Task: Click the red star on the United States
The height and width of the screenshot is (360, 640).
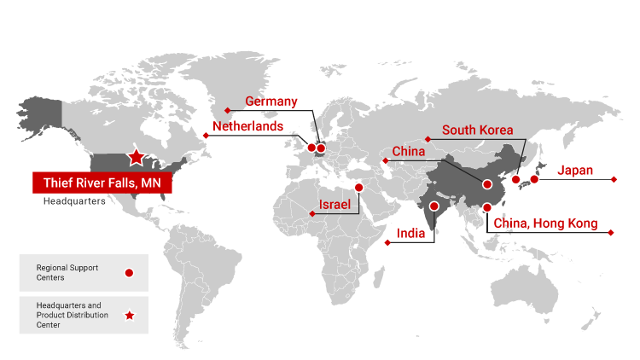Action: coord(136,157)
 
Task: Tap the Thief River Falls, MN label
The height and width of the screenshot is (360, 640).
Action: coord(102,183)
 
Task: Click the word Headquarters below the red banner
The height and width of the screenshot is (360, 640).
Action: coord(74,202)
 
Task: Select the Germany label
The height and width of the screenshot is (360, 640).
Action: coord(271,102)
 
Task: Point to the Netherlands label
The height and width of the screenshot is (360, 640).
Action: coord(247,126)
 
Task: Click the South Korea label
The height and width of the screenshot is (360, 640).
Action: coord(477,131)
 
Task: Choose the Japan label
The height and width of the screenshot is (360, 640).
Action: coord(575,171)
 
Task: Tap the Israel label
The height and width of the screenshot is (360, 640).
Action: coord(335,206)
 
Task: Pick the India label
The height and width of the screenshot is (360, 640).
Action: coord(411,233)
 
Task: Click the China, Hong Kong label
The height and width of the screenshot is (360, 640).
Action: coord(544,224)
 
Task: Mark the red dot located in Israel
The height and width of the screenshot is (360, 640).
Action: coord(359,187)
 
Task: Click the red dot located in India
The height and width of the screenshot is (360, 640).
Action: coord(434,206)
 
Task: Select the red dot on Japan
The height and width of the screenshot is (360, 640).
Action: coord(534,179)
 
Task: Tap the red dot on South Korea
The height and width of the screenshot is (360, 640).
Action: coord(515,179)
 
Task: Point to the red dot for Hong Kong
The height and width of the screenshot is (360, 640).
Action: coord(487,207)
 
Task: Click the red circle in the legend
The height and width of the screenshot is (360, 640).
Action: coord(129,273)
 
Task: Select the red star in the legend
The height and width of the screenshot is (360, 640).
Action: coord(129,316)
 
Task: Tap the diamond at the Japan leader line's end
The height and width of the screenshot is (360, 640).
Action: coord(614,179)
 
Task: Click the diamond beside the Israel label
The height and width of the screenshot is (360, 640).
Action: coord(311,214)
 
